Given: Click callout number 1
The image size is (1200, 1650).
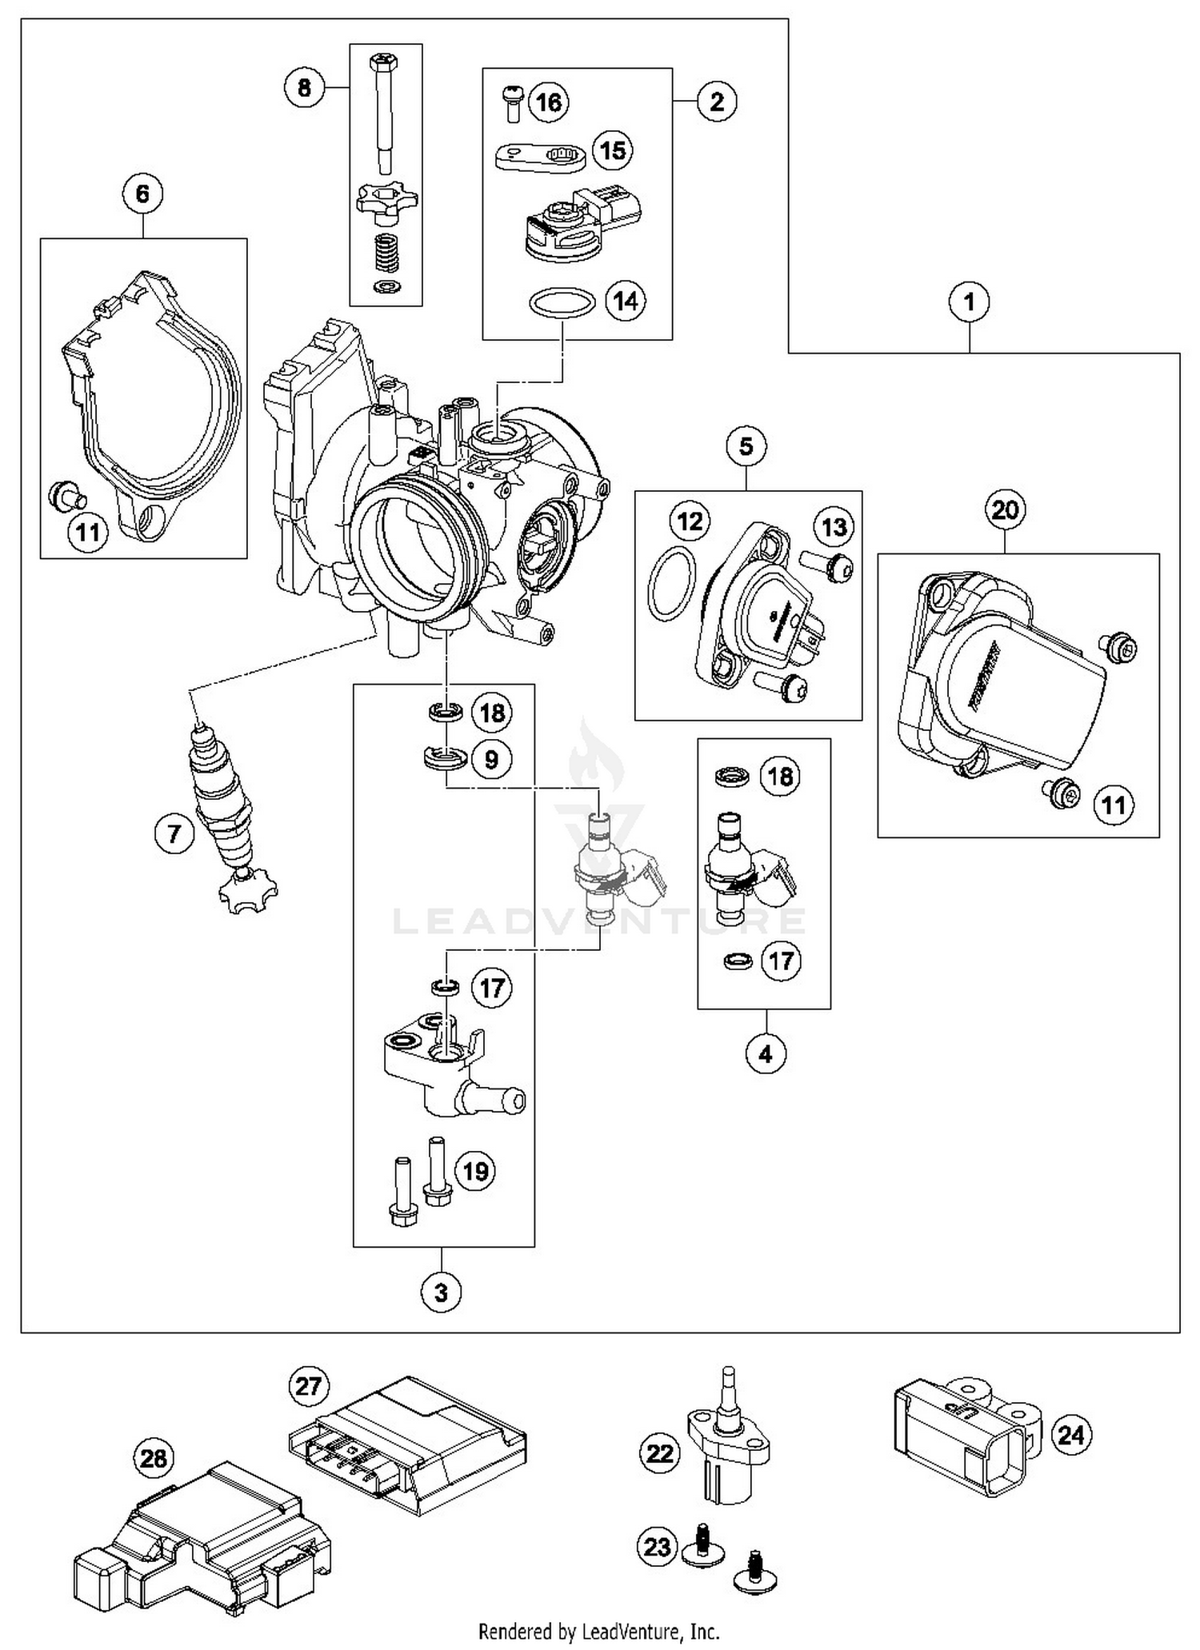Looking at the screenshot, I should tap(969, 302).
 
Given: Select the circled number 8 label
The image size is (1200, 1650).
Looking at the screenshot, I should tap(304, 86).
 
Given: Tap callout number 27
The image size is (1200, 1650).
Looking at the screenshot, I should tap(309, 1386).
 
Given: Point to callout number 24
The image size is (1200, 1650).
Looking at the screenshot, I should tap(1071, 1435).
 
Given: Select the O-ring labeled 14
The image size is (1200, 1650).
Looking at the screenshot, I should tap(562, 303).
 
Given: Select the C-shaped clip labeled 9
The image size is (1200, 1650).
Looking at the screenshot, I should tap(445, 758).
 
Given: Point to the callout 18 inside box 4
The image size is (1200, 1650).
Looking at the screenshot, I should tap(780, 777).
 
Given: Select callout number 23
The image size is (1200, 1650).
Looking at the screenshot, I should tap(658, 1546).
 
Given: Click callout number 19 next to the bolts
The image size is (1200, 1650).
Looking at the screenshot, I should tap(475, 1172).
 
